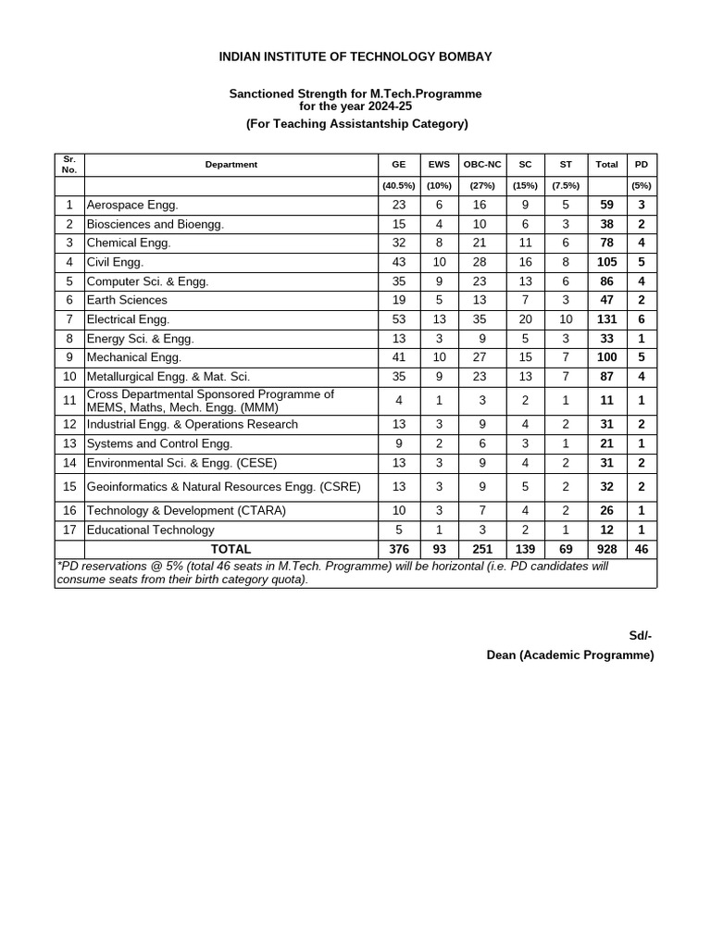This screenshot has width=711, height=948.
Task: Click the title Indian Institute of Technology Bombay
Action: click(355, 56)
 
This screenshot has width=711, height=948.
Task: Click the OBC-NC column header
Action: click(482, 165)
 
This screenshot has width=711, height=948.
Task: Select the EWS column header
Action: click(439, 165)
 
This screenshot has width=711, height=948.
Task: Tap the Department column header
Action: click(231, 165)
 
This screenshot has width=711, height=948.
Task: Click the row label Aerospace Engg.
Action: click(132, 205)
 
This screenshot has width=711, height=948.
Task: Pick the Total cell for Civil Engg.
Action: click(606, 262)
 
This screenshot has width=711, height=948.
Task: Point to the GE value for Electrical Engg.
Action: click(399, 319)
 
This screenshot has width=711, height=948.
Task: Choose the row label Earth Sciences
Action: click(127, 300)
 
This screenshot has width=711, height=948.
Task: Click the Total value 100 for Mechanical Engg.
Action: click(606, 357)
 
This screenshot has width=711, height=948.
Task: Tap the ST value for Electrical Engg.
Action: click(566, 319)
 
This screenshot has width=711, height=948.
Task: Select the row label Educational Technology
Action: click(150, 530)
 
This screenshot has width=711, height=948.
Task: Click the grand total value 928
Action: click(606, 549)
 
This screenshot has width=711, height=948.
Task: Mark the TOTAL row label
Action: click(231, 549)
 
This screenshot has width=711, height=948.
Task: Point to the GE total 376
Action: click(399, 549)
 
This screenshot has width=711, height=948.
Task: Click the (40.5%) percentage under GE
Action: click(399, 185)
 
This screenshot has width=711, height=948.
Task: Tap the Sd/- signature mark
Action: click(641, 635)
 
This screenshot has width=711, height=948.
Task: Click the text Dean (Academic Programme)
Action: click(570, 655)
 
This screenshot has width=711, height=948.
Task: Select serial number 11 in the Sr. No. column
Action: click(69, 401)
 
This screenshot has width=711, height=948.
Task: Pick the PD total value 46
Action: click(642, 549)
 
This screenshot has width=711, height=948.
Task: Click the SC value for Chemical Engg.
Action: click(525, 243)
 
